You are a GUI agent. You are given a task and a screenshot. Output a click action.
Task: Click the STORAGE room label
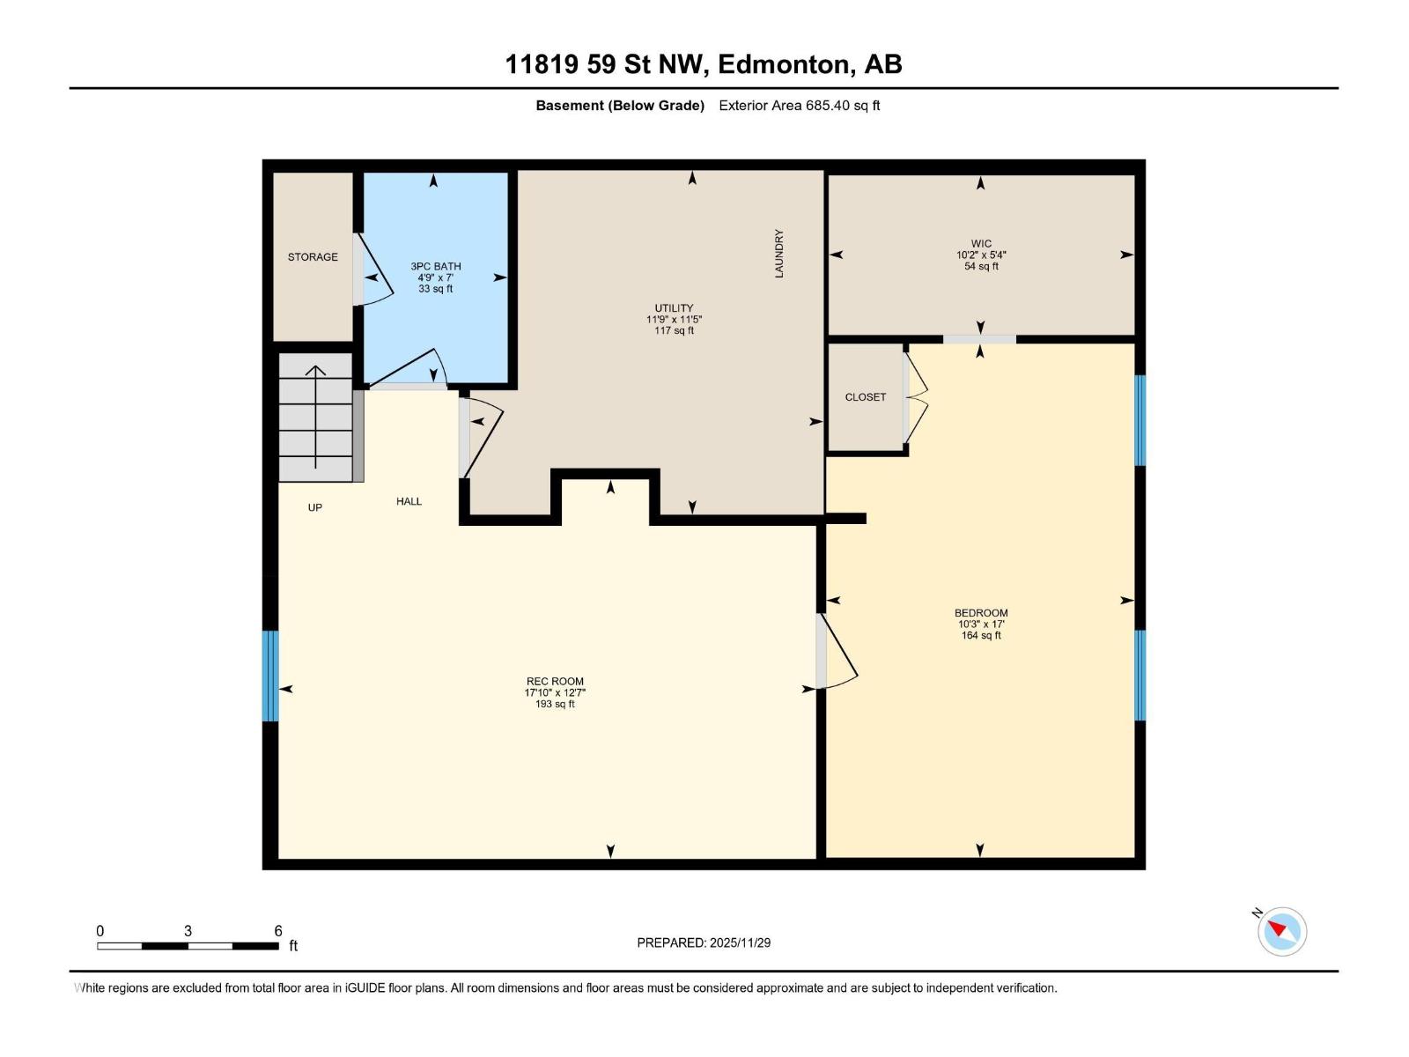[x=313, y=257]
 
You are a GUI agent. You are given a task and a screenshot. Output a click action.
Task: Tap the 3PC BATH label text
[x=435, y=266]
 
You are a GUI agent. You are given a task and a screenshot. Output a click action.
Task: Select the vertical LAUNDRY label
[x=778, y=254]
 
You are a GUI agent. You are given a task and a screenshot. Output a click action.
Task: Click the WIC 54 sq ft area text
[x=981, y=267]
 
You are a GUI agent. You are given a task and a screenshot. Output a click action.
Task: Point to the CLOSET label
[x=865, y=397]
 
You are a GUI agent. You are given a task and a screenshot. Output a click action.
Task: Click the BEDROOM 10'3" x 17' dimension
[x=981, y=625]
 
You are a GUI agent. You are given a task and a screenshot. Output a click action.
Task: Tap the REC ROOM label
[x=555, y=681]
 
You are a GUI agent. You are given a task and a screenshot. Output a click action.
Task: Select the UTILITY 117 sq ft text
[x=674, y=331]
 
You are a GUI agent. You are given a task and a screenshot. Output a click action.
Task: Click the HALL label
[x=409, y=501]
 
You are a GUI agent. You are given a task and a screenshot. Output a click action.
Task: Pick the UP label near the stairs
[x=314, y=507]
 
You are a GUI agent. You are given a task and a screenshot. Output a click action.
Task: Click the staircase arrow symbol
[x=315, y=414]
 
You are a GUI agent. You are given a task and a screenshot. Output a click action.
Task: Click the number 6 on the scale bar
[x=278, y=931]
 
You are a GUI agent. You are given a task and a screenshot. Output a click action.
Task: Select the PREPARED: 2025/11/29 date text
[x=704, y=942]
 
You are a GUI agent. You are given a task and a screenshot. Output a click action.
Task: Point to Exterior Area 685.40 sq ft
[x=799, y=106]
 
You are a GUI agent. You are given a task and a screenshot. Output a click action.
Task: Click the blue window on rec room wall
[x=270, y=676]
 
